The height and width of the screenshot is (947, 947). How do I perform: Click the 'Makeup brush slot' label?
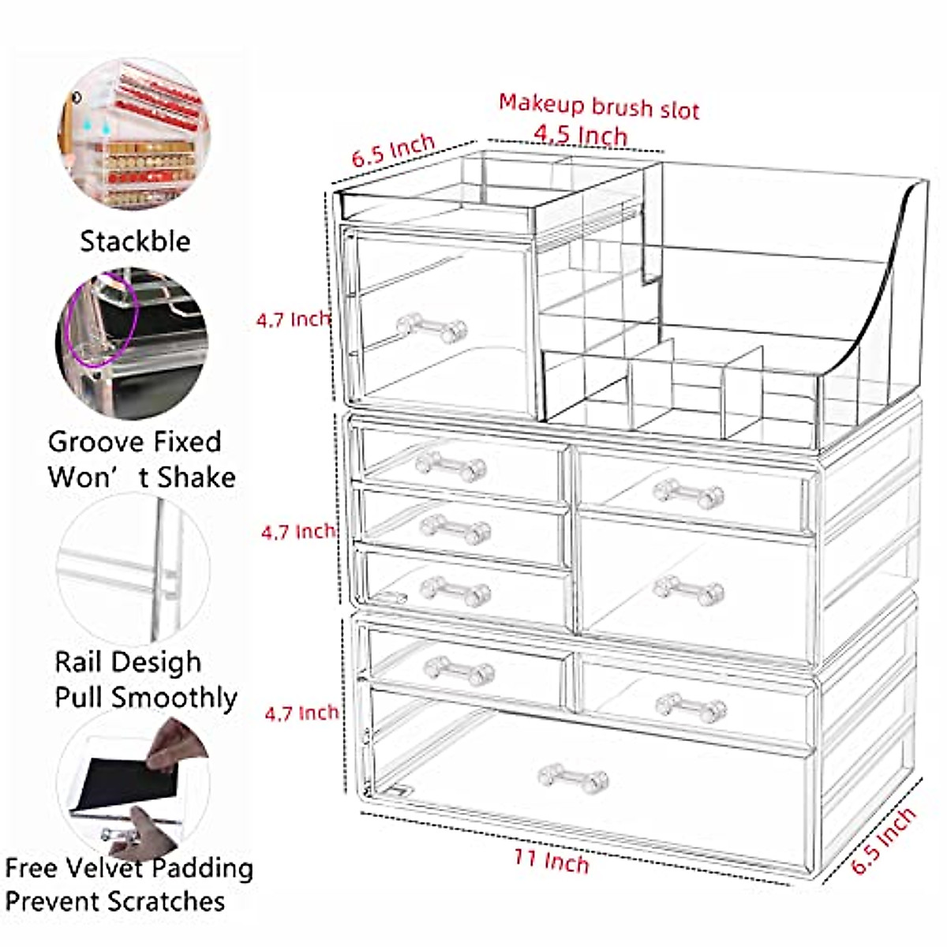[598, 106]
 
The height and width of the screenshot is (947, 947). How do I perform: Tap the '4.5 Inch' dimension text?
[580, 135]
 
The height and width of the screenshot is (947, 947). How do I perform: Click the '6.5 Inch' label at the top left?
[393, 150]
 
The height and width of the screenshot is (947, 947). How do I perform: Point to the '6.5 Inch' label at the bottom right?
[884, 840]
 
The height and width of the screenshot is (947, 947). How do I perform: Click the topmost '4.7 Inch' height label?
[292, 320]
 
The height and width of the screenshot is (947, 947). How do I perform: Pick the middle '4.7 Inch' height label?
[298, 532]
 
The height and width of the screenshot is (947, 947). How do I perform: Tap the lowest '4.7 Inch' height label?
[301, 713]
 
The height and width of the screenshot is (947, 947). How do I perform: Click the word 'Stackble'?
[135, 241]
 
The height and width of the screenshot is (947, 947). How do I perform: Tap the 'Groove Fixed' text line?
[134, 442]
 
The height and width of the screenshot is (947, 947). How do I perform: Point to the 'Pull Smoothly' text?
[146, 698]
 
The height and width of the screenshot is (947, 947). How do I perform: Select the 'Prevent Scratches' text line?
[115, 901]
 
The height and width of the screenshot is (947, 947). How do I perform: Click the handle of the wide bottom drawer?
[573, 777]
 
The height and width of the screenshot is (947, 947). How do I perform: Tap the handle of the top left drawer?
[431, 327]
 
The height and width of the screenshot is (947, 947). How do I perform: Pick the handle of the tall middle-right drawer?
[688, 589]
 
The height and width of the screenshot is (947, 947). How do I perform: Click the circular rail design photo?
[134, 568]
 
